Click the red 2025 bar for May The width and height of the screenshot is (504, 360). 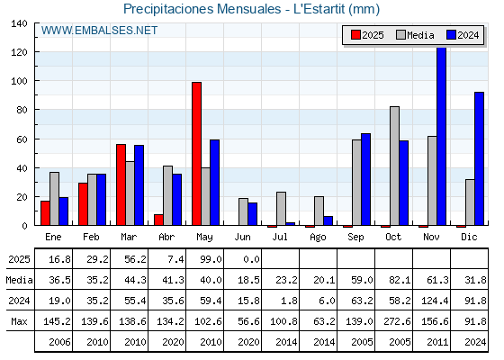(x=197, y=154)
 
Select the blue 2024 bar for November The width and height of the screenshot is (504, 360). (x=442, y=136)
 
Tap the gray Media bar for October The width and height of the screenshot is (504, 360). (x=395, y=166)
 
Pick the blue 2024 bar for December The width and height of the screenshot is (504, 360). (x=479, y=158)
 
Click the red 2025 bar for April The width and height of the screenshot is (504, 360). (x=158, y=220)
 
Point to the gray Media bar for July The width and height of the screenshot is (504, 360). (x=281, y=209)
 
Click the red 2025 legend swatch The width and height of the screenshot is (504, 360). (x=355, y=35)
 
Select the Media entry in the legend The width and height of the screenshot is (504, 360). (x=415, y=35)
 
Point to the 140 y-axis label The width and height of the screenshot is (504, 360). (x=19, y=23)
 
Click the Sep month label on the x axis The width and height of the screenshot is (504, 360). (x=355, y=237)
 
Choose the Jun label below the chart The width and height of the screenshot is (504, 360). (x=242, y=237)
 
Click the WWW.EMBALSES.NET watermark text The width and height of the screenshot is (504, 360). (x=99, y=31)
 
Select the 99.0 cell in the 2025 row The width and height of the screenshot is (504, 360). (x=211, y=259)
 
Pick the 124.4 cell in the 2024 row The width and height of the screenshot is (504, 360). (x=435, y=301)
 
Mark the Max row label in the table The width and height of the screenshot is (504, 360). (x=19, y=321)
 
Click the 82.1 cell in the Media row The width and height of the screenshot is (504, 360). (x=400, y=280)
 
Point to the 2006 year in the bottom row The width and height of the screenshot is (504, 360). (x=59, y=342)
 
